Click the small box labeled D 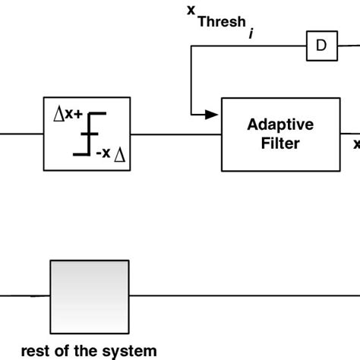321,46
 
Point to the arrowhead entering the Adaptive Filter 213,115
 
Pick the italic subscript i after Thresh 251,35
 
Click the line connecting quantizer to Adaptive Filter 175,134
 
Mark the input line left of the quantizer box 21,134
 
